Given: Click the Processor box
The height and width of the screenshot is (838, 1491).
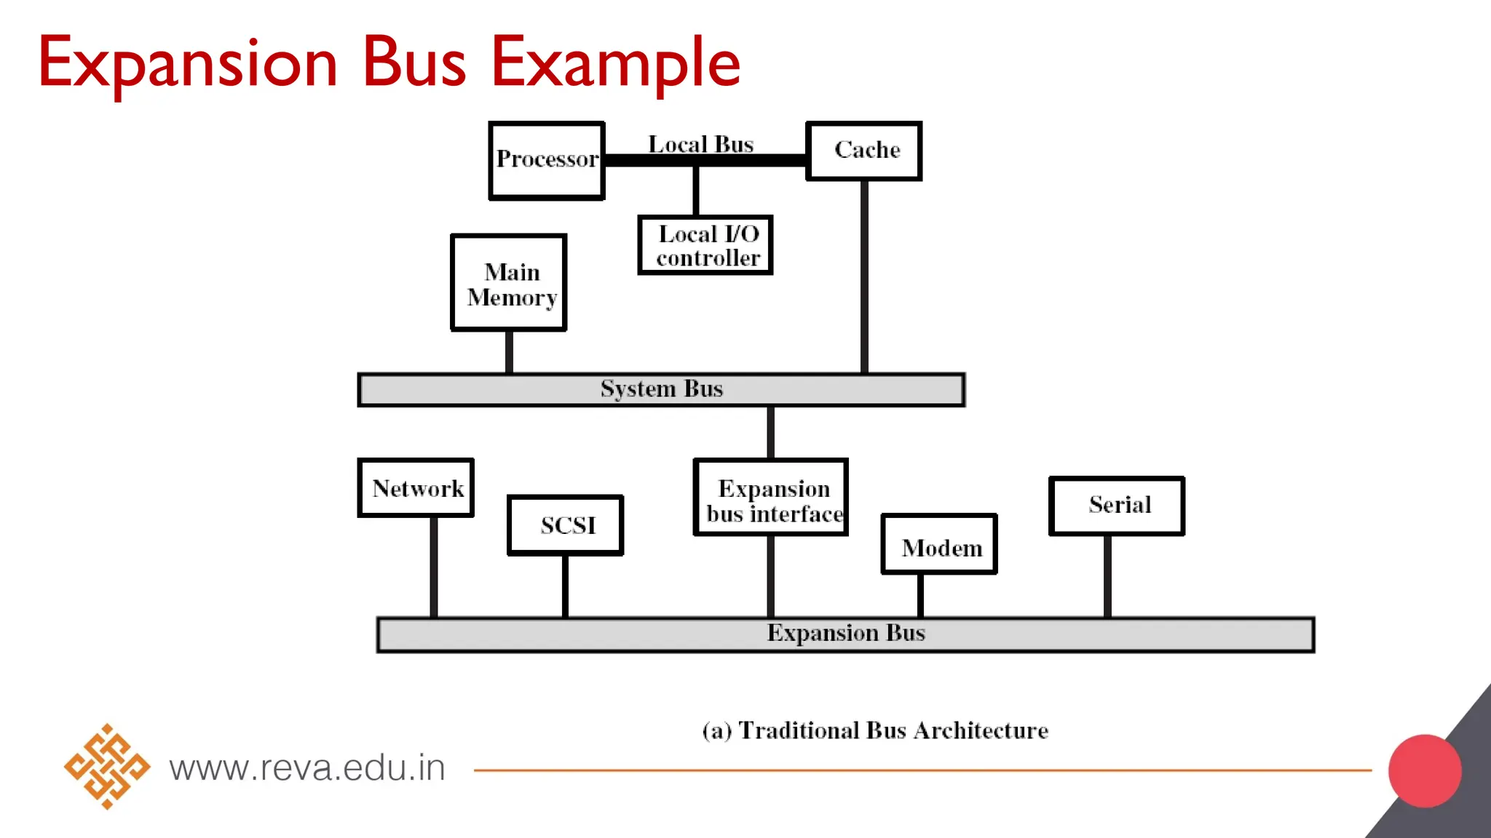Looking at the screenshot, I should [547, 160].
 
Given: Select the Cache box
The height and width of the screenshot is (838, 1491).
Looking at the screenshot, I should [864, 151].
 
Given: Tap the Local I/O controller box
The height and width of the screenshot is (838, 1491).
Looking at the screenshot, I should [705, 245].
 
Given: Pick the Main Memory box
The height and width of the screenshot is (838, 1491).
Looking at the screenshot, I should [509, 283].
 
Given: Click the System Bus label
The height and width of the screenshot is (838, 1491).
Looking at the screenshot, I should [661, 389].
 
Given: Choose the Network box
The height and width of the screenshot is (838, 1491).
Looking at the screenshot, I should [416, 488].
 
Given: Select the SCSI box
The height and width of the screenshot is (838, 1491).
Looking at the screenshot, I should [566, 525].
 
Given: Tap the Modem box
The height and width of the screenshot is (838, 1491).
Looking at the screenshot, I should [939, 545].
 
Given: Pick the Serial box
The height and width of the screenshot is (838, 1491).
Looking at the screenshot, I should [1117, 506].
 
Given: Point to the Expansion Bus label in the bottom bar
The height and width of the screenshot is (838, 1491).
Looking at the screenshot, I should [846, 634].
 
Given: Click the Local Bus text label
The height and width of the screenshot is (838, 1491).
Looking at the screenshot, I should [700, 144].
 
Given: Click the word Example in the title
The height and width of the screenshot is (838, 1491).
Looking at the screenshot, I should [616, 64].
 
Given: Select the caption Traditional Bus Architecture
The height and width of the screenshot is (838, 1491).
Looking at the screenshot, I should [875, 730].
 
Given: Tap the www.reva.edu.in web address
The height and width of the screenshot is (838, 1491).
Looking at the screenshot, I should [307, 768].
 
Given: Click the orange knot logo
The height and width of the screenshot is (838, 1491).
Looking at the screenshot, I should [107, 766].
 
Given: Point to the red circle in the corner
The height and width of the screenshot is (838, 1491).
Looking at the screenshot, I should [1425, 770].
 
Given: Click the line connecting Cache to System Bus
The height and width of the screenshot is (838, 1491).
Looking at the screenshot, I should [864, 276].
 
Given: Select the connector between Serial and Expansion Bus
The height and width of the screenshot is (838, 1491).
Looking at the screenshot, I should [1107, 576].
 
